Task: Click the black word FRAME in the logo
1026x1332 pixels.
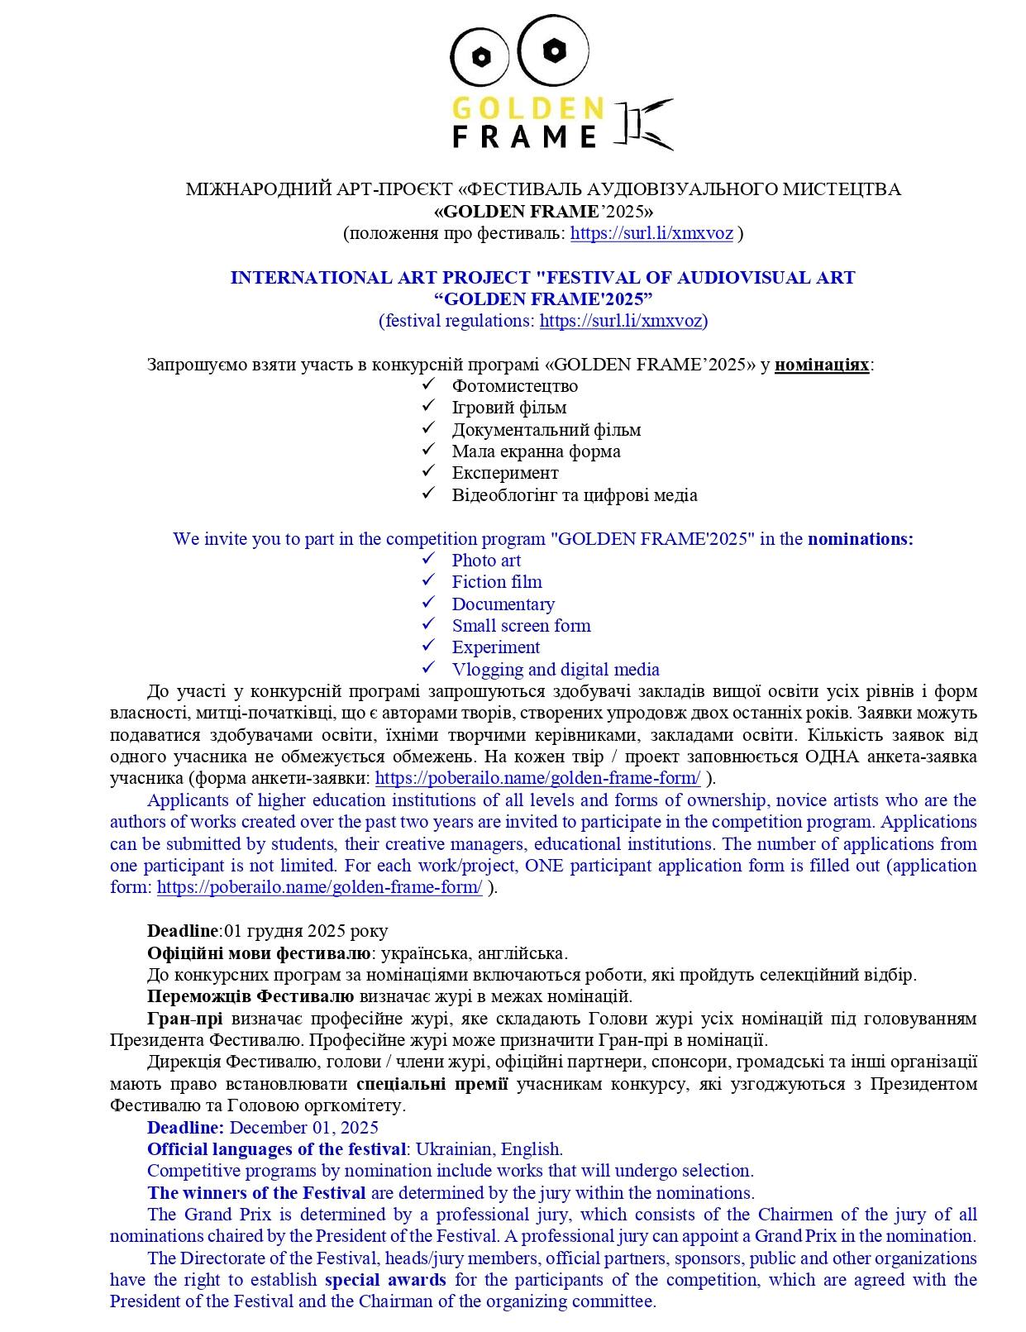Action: pos(524,136)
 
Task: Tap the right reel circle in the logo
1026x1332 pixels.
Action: pos(550,50)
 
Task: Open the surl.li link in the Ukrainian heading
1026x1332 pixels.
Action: pos(651,233)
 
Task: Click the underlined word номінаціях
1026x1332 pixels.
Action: pos(822,365)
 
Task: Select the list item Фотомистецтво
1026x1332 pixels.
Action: pos(514,386)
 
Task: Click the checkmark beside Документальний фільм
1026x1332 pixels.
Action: pos(428,428)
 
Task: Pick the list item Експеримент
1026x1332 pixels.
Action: pos(504,473)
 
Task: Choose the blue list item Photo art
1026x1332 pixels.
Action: pos(486,561)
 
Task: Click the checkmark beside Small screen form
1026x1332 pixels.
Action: pos(428,624)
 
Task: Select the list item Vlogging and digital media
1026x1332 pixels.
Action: pos(555,670)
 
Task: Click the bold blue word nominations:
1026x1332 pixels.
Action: pos(860,539)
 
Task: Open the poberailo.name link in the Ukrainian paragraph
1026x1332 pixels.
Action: pos(537,778)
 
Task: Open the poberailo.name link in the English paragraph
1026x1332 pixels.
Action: pos(319,888)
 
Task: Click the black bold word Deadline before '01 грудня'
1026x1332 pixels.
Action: pos(184,931)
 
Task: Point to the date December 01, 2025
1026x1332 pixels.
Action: pos(303,1128)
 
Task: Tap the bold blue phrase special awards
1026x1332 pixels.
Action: pos(385,1280)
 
